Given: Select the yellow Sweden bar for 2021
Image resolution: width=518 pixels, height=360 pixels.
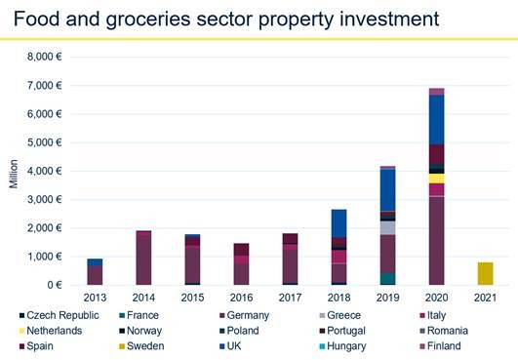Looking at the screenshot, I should [485, 273].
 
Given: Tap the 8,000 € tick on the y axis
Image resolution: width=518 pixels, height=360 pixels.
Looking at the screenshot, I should [41, 57].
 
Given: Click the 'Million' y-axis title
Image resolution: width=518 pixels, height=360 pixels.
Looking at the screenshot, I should [13, 172].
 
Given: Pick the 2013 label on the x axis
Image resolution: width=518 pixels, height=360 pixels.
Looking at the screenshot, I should [94, 297].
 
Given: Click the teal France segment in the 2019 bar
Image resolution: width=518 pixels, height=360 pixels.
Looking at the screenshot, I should [387, 279].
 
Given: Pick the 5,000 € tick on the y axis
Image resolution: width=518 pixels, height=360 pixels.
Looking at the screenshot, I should [41, 142].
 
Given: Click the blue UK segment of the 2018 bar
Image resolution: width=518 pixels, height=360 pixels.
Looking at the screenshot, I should [339, 223].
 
